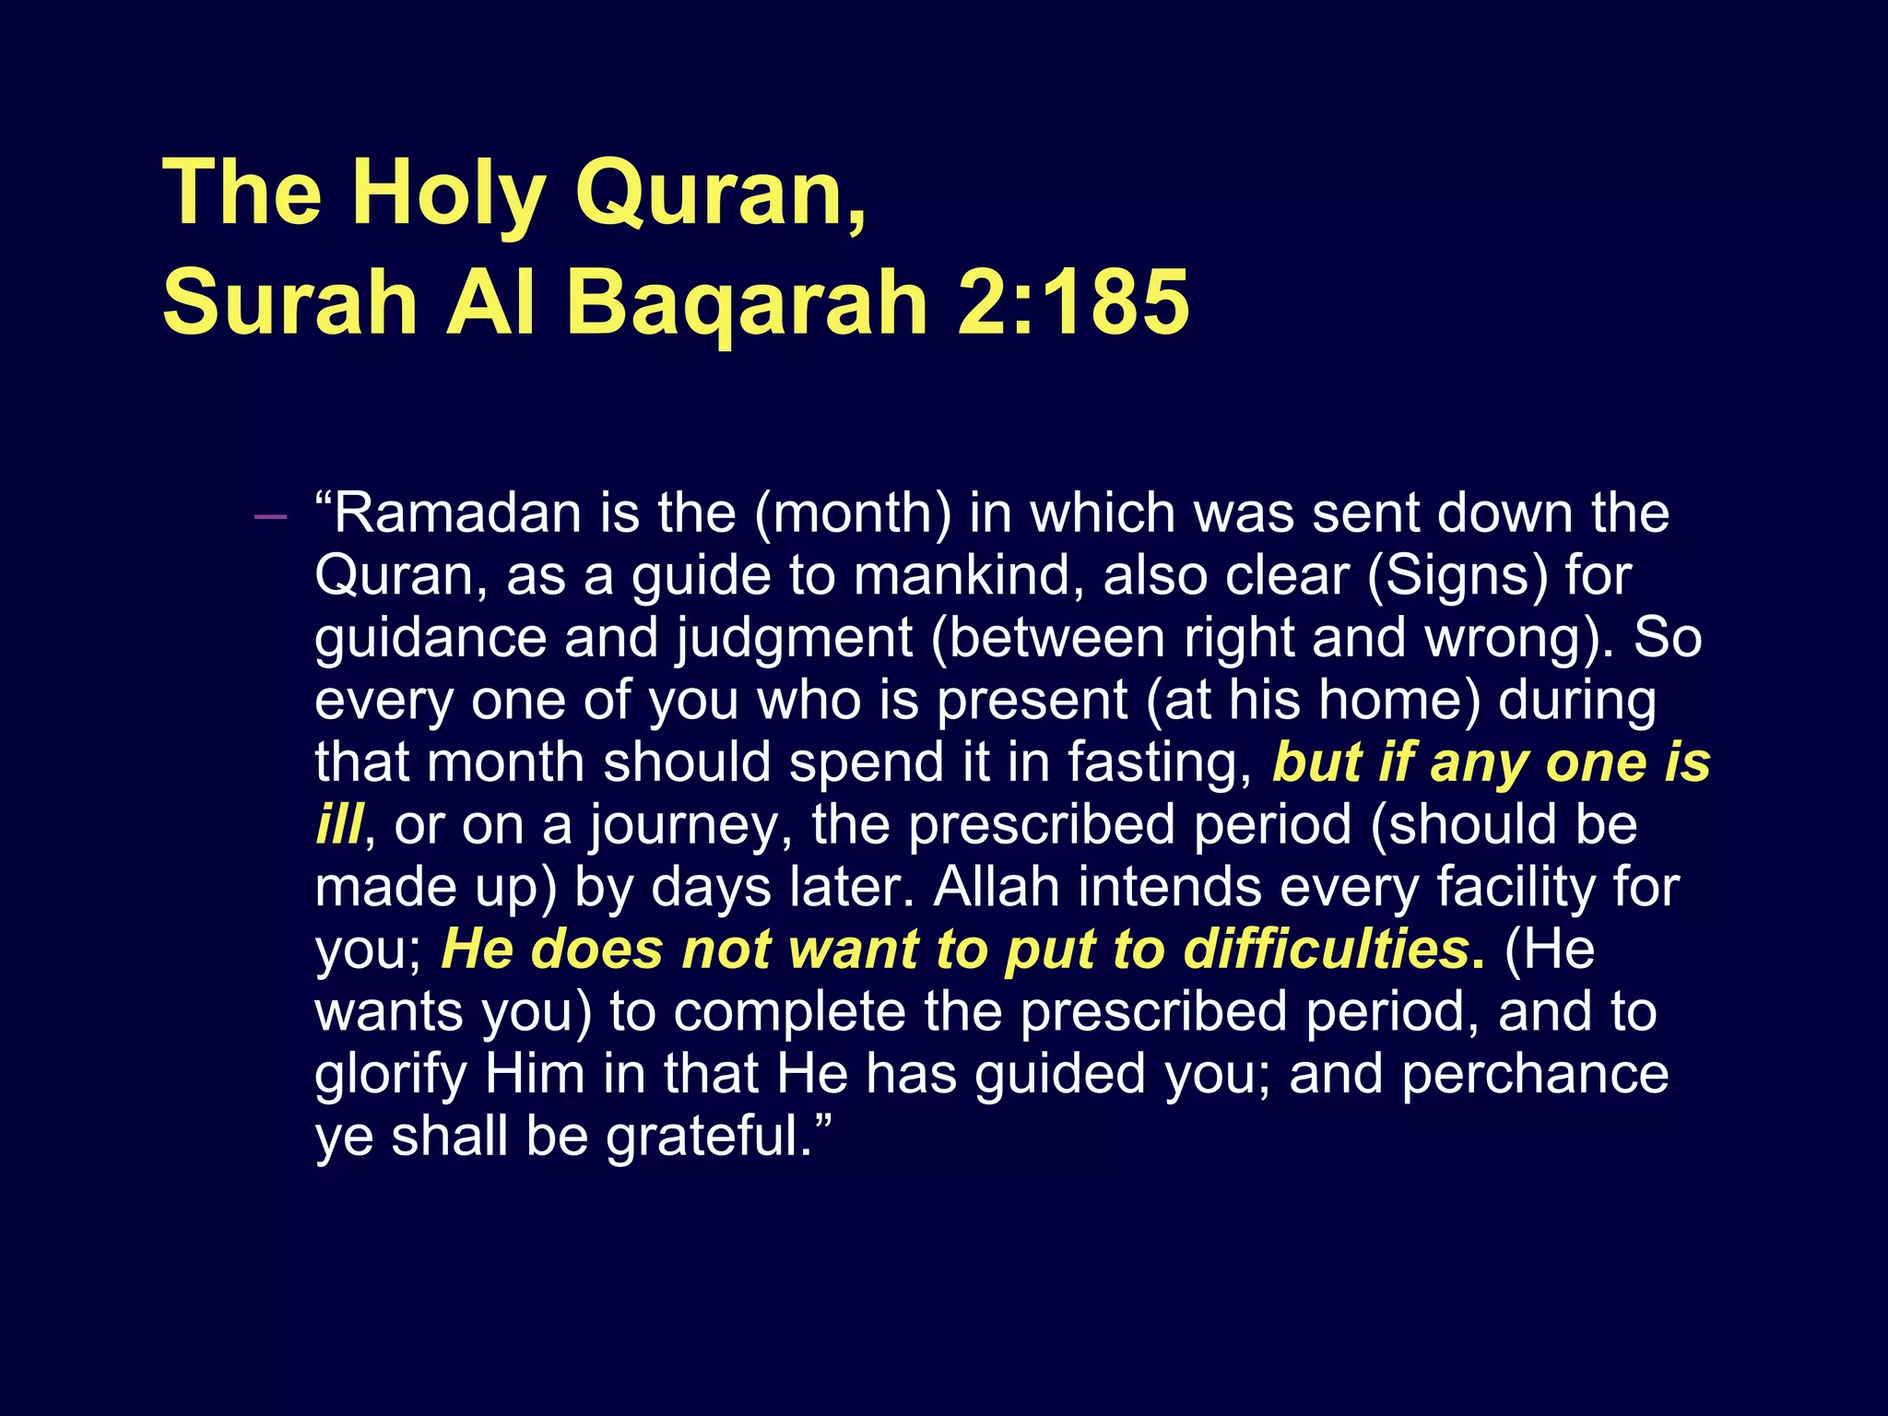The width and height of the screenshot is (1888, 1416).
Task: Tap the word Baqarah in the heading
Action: point(747,302)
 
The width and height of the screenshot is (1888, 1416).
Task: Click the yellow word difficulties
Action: point(1326,950)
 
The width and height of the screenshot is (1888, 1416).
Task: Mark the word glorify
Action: point(391,1075)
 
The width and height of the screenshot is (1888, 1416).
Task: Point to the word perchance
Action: point(1534,1075)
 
